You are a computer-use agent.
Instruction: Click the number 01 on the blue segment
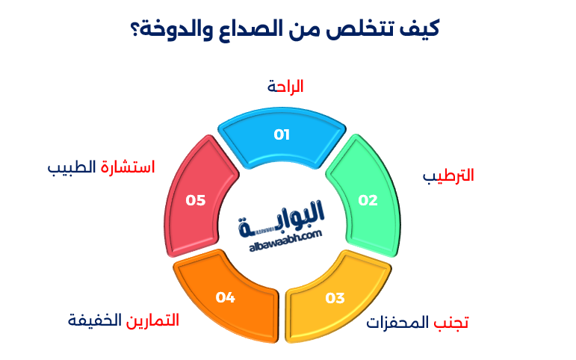coord(282,135)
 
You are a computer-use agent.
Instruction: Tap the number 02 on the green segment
coord(368,200)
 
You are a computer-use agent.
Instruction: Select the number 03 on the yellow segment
coord(335,298)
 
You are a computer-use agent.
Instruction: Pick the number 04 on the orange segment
coord(226,297)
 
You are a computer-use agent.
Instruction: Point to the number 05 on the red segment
coord(196,200)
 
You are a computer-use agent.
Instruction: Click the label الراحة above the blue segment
coord(285,87)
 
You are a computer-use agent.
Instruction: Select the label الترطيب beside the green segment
coord(448,176)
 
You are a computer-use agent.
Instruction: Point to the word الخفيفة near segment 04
coord(93,320)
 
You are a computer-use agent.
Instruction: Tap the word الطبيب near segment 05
coord(71,167)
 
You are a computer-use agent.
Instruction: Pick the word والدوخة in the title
coord(173,30)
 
